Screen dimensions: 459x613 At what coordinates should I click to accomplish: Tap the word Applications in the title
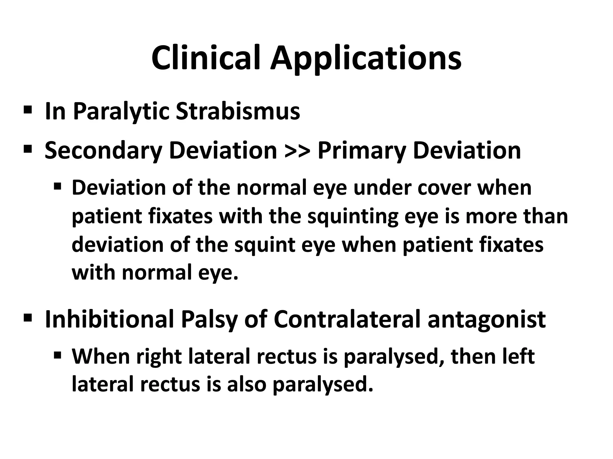click(x=366, y=59)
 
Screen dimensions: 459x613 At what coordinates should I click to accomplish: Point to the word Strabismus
click(x=238, y=111)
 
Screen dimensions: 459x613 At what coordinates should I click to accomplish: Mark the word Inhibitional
click(x=109, y=319)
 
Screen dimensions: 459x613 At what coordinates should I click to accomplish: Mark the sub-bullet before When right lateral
click(x=57, y=356)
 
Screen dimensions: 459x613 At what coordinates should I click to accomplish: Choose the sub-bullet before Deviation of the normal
click(x=57, y=187)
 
